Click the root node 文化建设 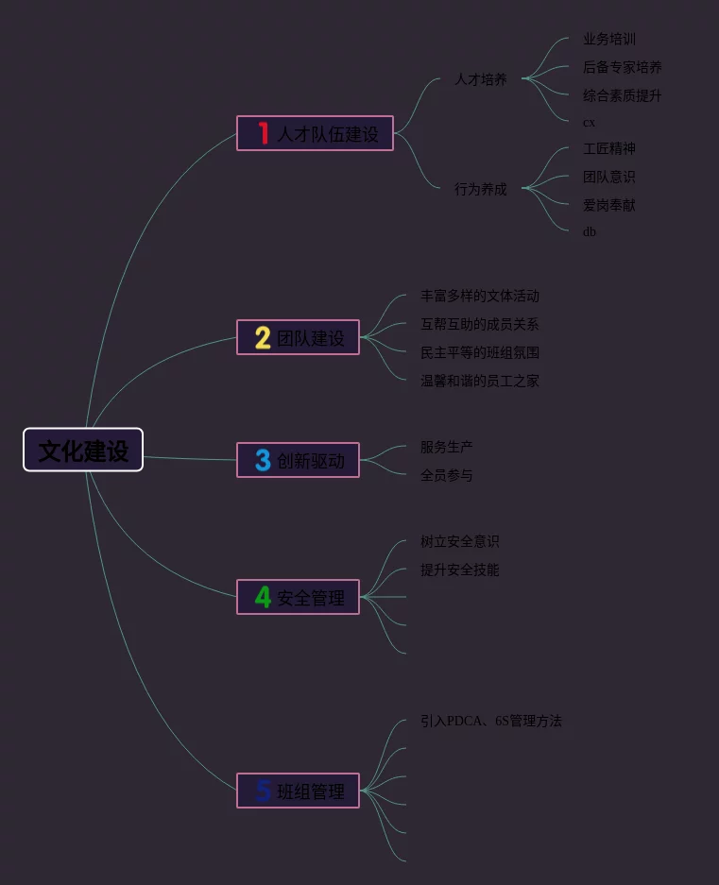pos(83,450)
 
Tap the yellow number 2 pos(263,337)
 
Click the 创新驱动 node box pos(298,460)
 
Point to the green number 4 pos(263,597)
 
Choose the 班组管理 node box pos(298,791)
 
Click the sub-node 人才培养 pos(480,79)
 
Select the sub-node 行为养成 pos(480,189)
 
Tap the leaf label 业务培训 pos(608,39)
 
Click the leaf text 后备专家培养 pos(622,67)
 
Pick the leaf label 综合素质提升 pos(622,95)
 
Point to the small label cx pos(589,123)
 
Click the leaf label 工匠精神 pos(608,148)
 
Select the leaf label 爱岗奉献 pos(608,205)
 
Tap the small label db pos(589,231)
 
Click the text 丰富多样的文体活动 pos(479,296)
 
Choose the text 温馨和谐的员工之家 pos(479,381)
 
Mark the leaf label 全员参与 pos(446,475)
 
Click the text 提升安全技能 pos(459,570)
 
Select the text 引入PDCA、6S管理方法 pos(490,721)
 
